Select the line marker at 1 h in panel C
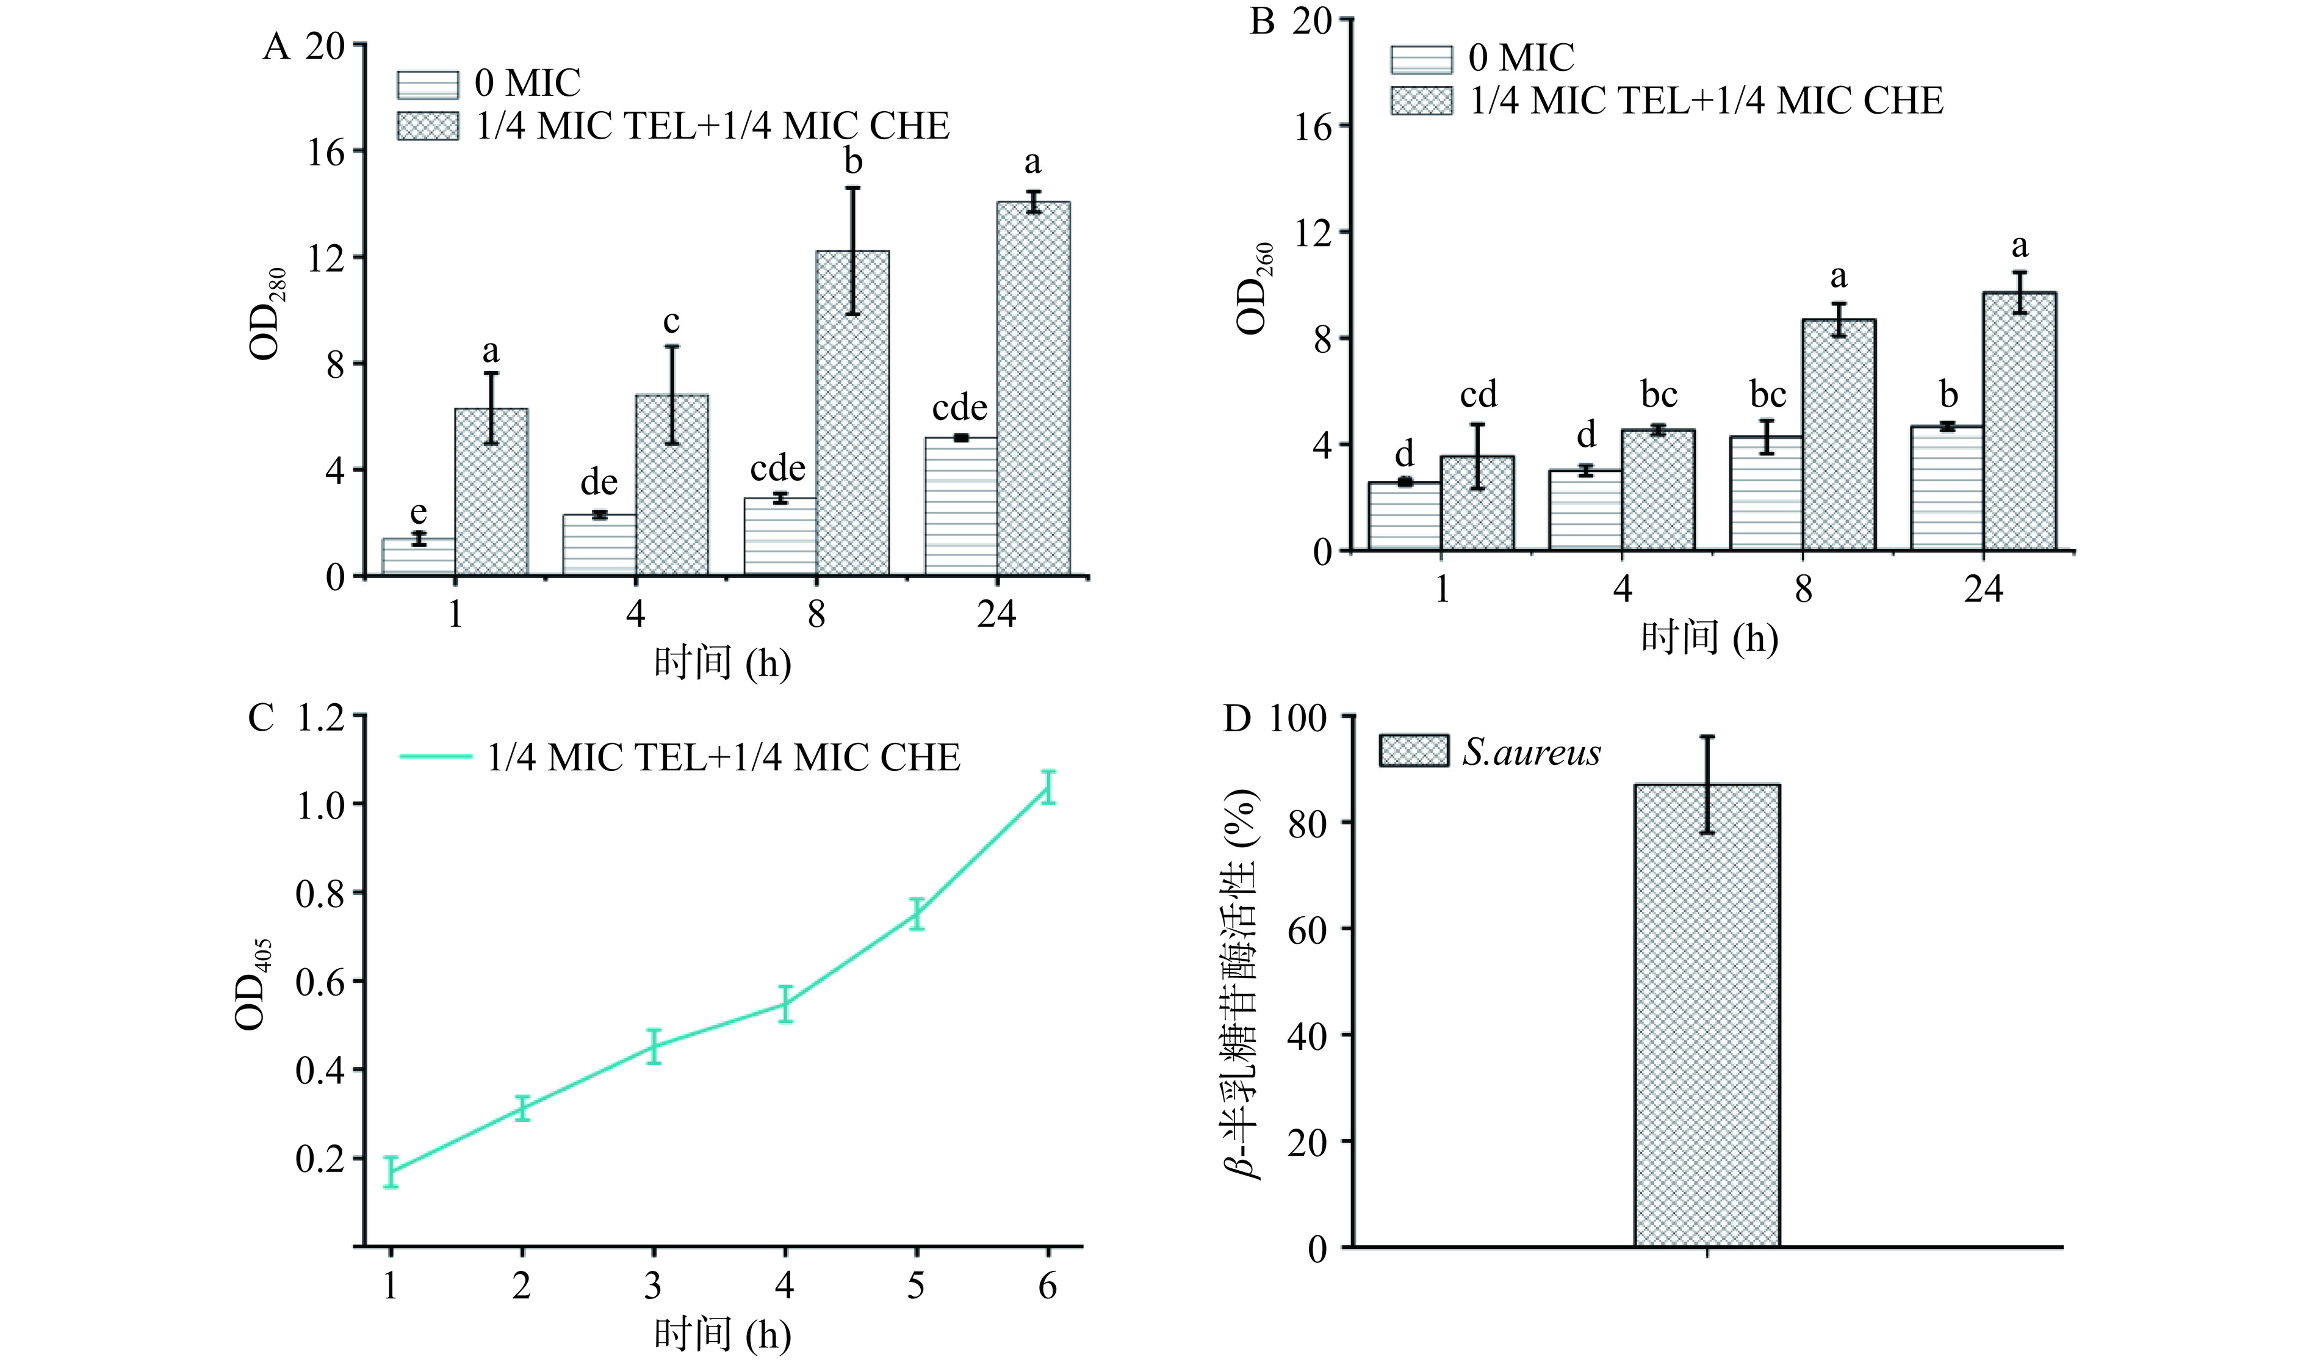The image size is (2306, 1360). pyautogui.click(x=391, y=1172)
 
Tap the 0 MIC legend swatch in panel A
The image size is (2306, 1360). pyautogui.click(x=428, y=84)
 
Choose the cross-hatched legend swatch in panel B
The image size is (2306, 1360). pyautogui.click(x=1421, y=101)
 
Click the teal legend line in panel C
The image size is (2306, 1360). pyautogui.click(x=435, y=757)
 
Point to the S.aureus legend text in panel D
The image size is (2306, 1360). pyautogui.click(x=1531, y=753)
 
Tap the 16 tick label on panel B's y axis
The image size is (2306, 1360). pyautogui.click(x=1312, y=126)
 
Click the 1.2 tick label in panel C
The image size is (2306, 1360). pyautogui.click(x=320, y=718)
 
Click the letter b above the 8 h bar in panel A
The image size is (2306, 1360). pyautogui.click(x=853, y=162)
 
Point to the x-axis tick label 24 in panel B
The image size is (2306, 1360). pyautogui.click(x=1983, y=589)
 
